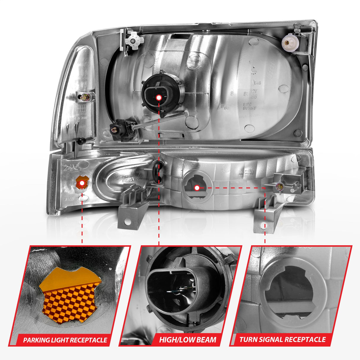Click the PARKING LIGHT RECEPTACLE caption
[65, 340]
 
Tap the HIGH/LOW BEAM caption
[187, 340]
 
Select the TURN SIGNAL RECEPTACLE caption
[282, 340]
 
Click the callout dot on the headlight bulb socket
[159, 98]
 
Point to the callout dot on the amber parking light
[82, 184]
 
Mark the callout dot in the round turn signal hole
[197, 188]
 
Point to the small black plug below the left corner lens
[79, 141]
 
